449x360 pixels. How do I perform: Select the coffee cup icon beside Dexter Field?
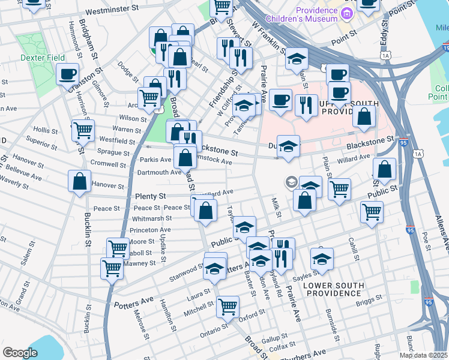pyautogui.click(x=67, y=74)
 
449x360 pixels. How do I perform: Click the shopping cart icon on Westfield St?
pyautogui.click(x=83, y=130)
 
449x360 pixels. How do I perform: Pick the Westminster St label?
pyautogui.click(x=116, y=11)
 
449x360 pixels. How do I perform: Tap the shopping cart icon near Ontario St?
pyautogui.click(x=228, y=307)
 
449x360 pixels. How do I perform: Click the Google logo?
pyautogui.click(x=20, y=352)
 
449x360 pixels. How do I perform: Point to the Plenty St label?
pyautogui.click(x=150, y=196)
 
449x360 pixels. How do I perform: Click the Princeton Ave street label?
pyautogui.click(x=150, y=230)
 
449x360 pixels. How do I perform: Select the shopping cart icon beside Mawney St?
pyautogui.click(x=112, y=269)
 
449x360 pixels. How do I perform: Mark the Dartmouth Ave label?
pyautogui.click(x=160, y=172)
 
